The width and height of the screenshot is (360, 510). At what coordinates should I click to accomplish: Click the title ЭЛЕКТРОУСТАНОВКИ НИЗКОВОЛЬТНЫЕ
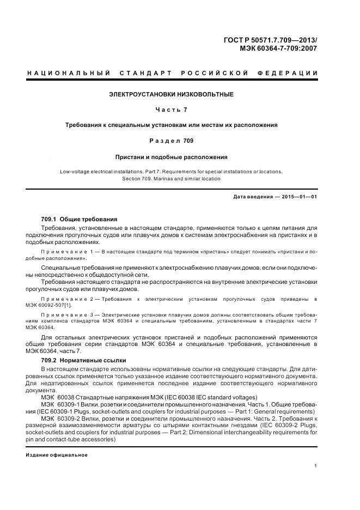(172, 94)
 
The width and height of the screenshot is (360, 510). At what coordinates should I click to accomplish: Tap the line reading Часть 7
(172, 110)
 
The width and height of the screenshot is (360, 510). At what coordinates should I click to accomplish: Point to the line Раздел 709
(172, 141)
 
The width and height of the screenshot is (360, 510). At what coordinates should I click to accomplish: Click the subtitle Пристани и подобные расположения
(172, 156)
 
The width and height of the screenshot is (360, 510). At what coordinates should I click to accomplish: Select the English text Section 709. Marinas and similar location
(172, 178)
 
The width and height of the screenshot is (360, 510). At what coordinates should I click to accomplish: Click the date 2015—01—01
(298, 197)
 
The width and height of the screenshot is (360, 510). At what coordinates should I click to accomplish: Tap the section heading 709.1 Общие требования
(79, 218)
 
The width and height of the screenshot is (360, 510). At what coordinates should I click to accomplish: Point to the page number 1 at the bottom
(316, 466)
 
